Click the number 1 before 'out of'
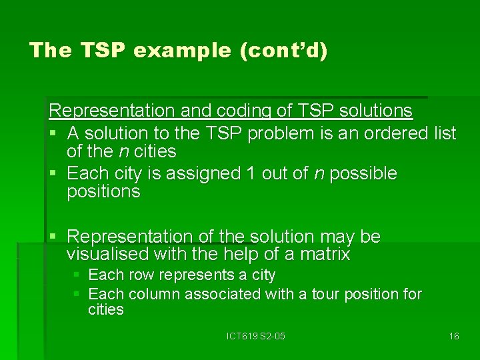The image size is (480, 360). click(x=251, y=174)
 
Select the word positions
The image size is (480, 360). click(x=103, y=192)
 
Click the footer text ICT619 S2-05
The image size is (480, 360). click(x=256, y=336)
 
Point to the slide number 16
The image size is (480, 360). click(x=454, y=336)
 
